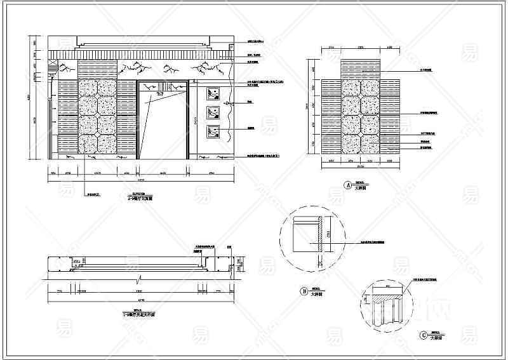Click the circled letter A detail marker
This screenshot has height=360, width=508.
coord(347,185)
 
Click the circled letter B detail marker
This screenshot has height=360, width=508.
coord(304,291)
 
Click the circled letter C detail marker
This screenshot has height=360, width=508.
coord(424,335)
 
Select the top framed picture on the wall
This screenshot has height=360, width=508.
coord(213,95)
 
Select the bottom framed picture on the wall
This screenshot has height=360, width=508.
coord(213,131)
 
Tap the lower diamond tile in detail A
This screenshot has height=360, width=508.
coord(360,135)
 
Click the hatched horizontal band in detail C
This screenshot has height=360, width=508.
coord(388,295)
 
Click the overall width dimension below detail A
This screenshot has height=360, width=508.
coord(360,168)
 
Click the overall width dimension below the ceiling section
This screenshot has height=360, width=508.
coord(141,300)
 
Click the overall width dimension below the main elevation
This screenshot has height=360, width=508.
coord(141,183)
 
